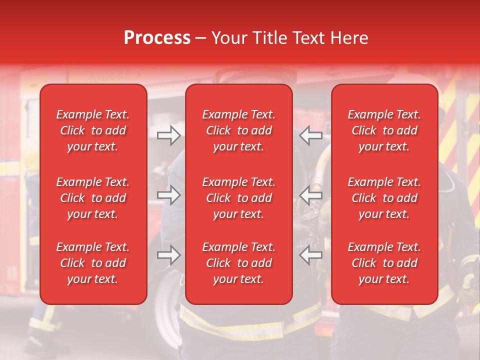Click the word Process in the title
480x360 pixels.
point(157,38)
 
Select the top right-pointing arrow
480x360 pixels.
point(168,135)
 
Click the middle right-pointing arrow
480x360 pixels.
point(168,195)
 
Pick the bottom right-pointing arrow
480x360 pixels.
point(168,255)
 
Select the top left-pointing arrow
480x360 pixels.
point(311,135)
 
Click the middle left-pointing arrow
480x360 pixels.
point(311,195)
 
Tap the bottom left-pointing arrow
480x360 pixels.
point(311,255)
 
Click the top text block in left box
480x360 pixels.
point(93,130)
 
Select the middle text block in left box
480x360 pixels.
point(93,198)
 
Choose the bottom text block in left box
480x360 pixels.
point(93,263)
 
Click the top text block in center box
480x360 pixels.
point(239,130)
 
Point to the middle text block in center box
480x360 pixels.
point(239,198)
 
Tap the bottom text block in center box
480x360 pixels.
point(239,263)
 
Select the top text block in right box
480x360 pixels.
point(384,130)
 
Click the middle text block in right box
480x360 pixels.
point(384,198)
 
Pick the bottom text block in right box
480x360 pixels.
point(384,263)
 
